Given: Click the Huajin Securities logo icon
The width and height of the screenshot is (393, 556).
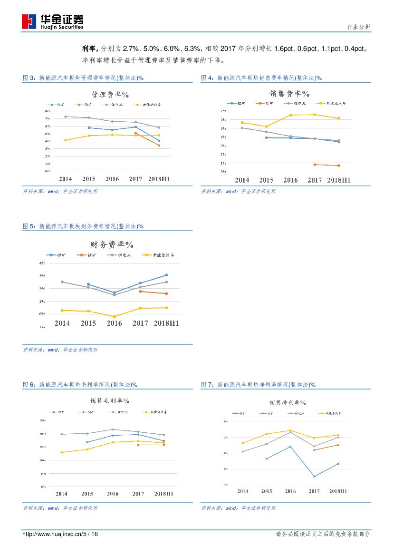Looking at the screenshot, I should point(29,21).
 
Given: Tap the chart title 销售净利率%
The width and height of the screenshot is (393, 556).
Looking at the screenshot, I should point(287,403).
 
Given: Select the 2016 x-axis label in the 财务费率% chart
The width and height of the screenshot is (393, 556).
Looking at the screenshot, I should point(114,323).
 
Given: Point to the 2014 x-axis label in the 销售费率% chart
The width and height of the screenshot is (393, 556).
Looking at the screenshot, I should point(242,180).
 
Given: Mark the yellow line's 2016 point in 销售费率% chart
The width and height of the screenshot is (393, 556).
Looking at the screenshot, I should point(290,115).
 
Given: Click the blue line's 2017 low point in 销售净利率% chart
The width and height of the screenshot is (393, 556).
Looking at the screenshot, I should point(315,477).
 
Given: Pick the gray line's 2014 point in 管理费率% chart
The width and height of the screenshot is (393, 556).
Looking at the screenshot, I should point(66,117).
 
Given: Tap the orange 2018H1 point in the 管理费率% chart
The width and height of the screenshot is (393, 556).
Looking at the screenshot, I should point(159,145).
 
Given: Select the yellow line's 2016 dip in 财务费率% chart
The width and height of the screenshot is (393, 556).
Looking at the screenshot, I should point(114,317).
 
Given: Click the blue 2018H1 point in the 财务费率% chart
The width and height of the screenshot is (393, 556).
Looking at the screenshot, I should point(166,275).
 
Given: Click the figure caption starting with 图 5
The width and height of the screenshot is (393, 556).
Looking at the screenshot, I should point(83,226).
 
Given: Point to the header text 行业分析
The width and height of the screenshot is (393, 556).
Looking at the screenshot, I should point(359,27).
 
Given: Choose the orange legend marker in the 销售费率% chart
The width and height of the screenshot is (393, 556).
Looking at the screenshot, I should point(259,103).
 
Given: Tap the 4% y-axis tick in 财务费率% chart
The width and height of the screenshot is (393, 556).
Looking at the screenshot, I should point(42,263).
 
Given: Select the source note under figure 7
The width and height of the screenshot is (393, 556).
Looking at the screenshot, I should point(238,508).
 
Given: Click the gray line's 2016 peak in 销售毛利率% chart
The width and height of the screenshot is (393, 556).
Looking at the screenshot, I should point(113,429).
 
